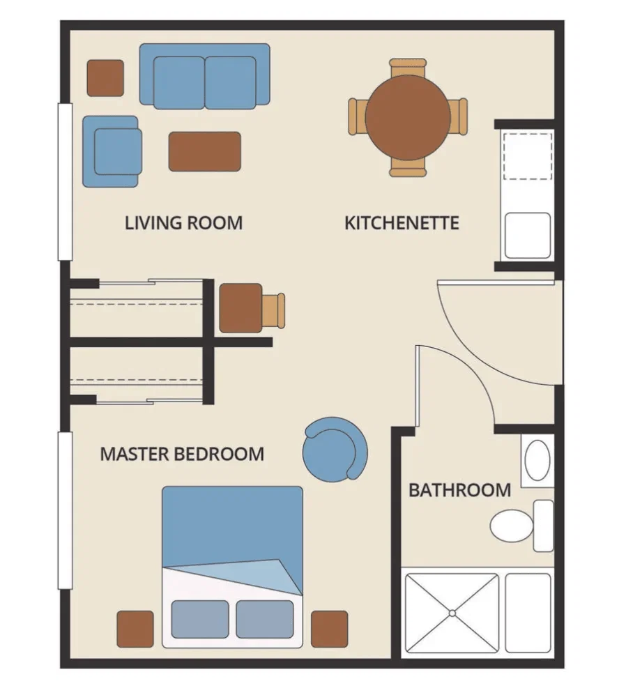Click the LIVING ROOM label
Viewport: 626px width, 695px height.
[183, 222]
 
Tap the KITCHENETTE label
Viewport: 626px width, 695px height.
[402, 222]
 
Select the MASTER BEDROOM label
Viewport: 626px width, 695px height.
[182, 454]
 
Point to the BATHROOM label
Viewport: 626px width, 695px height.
[460, 490]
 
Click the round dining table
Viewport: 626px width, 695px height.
[408, 117]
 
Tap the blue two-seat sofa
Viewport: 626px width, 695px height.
[205, 76]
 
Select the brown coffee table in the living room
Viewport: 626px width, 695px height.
[205, 151]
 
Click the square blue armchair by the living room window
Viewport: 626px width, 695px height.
[112, 151]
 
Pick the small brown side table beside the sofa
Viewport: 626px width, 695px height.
[105, 78]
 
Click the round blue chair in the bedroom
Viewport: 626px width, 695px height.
[335, 450]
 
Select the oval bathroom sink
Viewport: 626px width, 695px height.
[537, 460]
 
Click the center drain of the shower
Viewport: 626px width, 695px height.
[452, 613]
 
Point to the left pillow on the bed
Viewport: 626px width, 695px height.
[200, 619]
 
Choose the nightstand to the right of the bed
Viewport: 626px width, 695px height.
[330, 629]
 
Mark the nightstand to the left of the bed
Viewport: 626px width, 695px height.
[135, 629]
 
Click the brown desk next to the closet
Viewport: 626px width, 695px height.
[241, 308]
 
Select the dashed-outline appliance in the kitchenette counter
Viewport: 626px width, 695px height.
[528, 155]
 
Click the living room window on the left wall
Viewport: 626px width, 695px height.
[65, 182]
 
